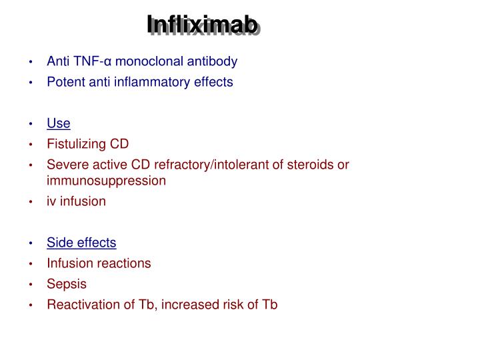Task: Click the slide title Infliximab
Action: coord(203,26)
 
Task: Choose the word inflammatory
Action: coord(163,82)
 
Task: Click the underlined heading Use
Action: coord(58,123)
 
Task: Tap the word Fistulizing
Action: coord(76,144)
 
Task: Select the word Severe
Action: coord(65,165)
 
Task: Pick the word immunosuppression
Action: coord(106,180)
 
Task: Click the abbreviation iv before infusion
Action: coord(51,201)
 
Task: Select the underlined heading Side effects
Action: coord(81,243)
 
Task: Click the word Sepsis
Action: coord(67,284)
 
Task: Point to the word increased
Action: coord(181,305)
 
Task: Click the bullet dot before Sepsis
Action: coord(31,285)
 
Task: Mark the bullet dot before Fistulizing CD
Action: coord(31,145)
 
